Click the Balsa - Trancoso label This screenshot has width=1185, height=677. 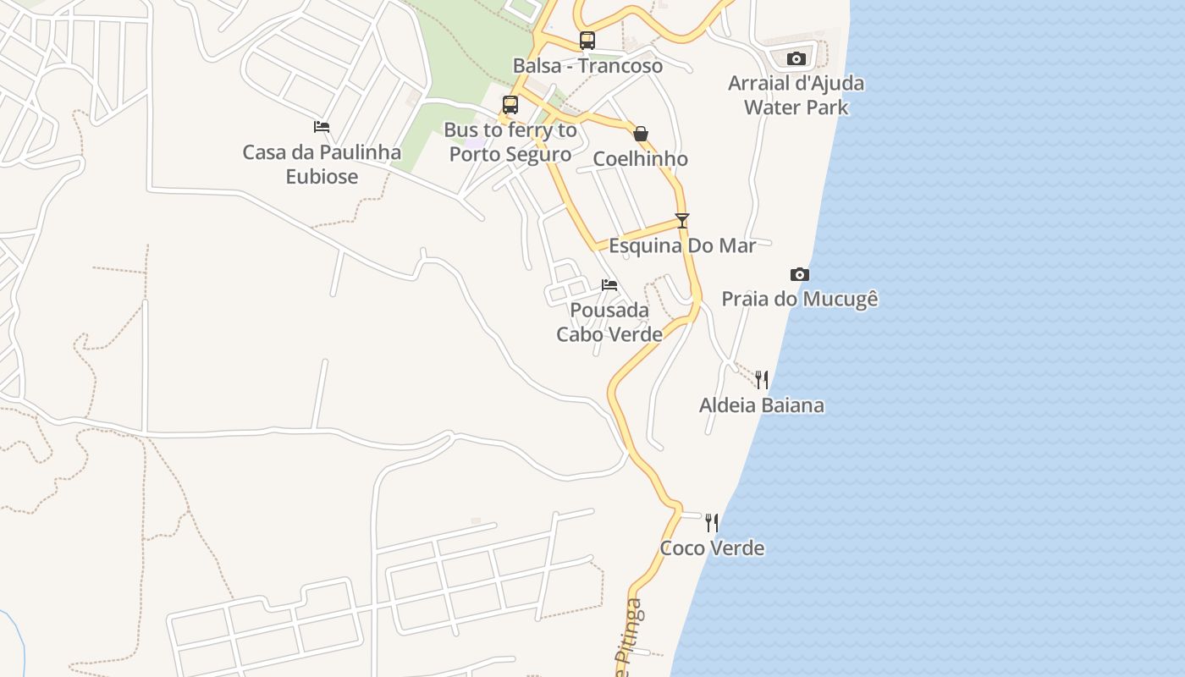point(587,66)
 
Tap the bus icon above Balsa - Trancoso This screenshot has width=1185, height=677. point(587,40)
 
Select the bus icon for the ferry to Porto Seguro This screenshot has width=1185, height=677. point(510,105)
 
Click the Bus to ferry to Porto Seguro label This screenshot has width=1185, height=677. point(510,142)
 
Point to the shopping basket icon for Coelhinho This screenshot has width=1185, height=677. point(641,133)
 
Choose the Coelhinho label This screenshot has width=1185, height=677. point(640,159)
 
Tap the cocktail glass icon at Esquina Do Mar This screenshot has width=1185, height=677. point(682,221)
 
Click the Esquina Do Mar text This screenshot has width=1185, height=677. point(682,246)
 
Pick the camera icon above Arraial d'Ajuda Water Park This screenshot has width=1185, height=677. point(796,58)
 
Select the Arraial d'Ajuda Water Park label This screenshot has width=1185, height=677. point(796,96)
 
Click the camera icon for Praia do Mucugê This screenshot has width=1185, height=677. point(800,274)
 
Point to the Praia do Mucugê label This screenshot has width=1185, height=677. point(800,300)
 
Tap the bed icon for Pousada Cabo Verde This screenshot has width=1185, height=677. point(609,285)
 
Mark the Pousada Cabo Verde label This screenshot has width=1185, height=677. point(609,322)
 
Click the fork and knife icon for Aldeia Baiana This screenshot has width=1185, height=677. point(762,379)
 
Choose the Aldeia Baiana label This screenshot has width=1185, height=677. point(762,405)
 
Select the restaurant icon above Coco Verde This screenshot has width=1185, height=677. point(712,522)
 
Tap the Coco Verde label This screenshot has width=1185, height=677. point(712,548)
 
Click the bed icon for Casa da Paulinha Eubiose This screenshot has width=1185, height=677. point(322,127)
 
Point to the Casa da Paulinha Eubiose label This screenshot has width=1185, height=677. point(322,164)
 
